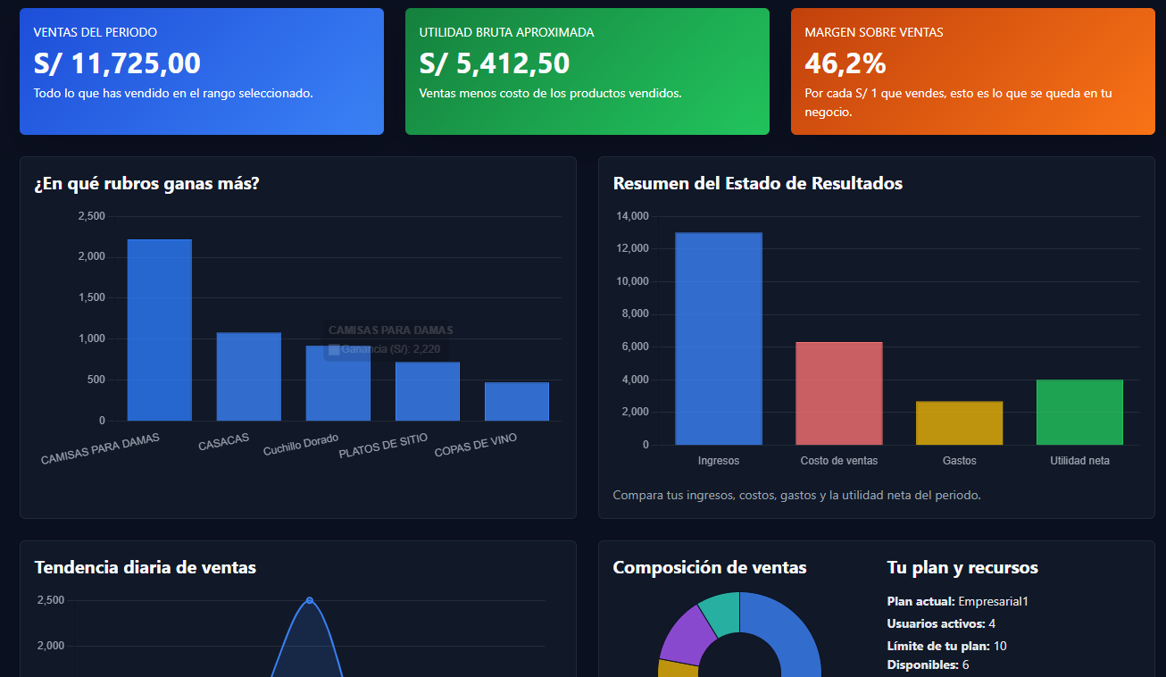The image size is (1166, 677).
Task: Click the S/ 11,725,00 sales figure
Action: tap(117, 63)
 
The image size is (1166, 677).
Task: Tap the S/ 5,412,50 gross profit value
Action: tap(494, 63)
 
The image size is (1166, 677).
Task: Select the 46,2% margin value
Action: tap(845, 63)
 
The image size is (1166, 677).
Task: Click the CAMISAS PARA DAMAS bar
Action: tap(159, 330)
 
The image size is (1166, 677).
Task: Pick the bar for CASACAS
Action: tap(248, 376)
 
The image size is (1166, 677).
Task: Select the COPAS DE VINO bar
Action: tap(516, 401)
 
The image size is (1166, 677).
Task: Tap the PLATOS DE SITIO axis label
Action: tap(383, 446)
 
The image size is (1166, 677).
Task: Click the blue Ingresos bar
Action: tap(718, 338)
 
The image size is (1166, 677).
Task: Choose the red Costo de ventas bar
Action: tap(838, 393)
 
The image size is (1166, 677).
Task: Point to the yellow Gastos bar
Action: tap(959, 422)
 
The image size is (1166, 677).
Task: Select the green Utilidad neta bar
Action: tap(1079, 412)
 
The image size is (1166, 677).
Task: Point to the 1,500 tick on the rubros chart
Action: tap(91, 297)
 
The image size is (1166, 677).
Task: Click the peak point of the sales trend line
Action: tap(310, 600)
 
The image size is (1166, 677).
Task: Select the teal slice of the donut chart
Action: tap(720, 611)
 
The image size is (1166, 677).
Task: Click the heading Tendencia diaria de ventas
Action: tap(145, 567)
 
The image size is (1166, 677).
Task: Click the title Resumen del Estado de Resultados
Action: tap(757, 183)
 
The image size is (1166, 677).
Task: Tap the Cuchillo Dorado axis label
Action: tap(301, 445)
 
